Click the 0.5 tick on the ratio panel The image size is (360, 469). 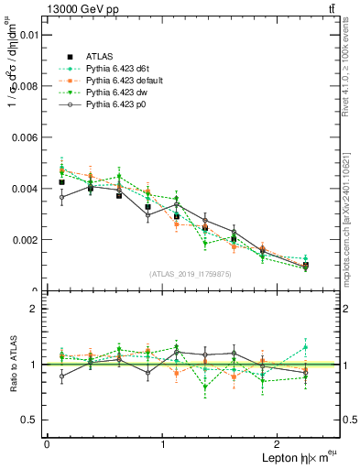tap(28, 420)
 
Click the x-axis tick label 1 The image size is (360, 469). tap(163, 443)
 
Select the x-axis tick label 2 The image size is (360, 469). tap(280, 443)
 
